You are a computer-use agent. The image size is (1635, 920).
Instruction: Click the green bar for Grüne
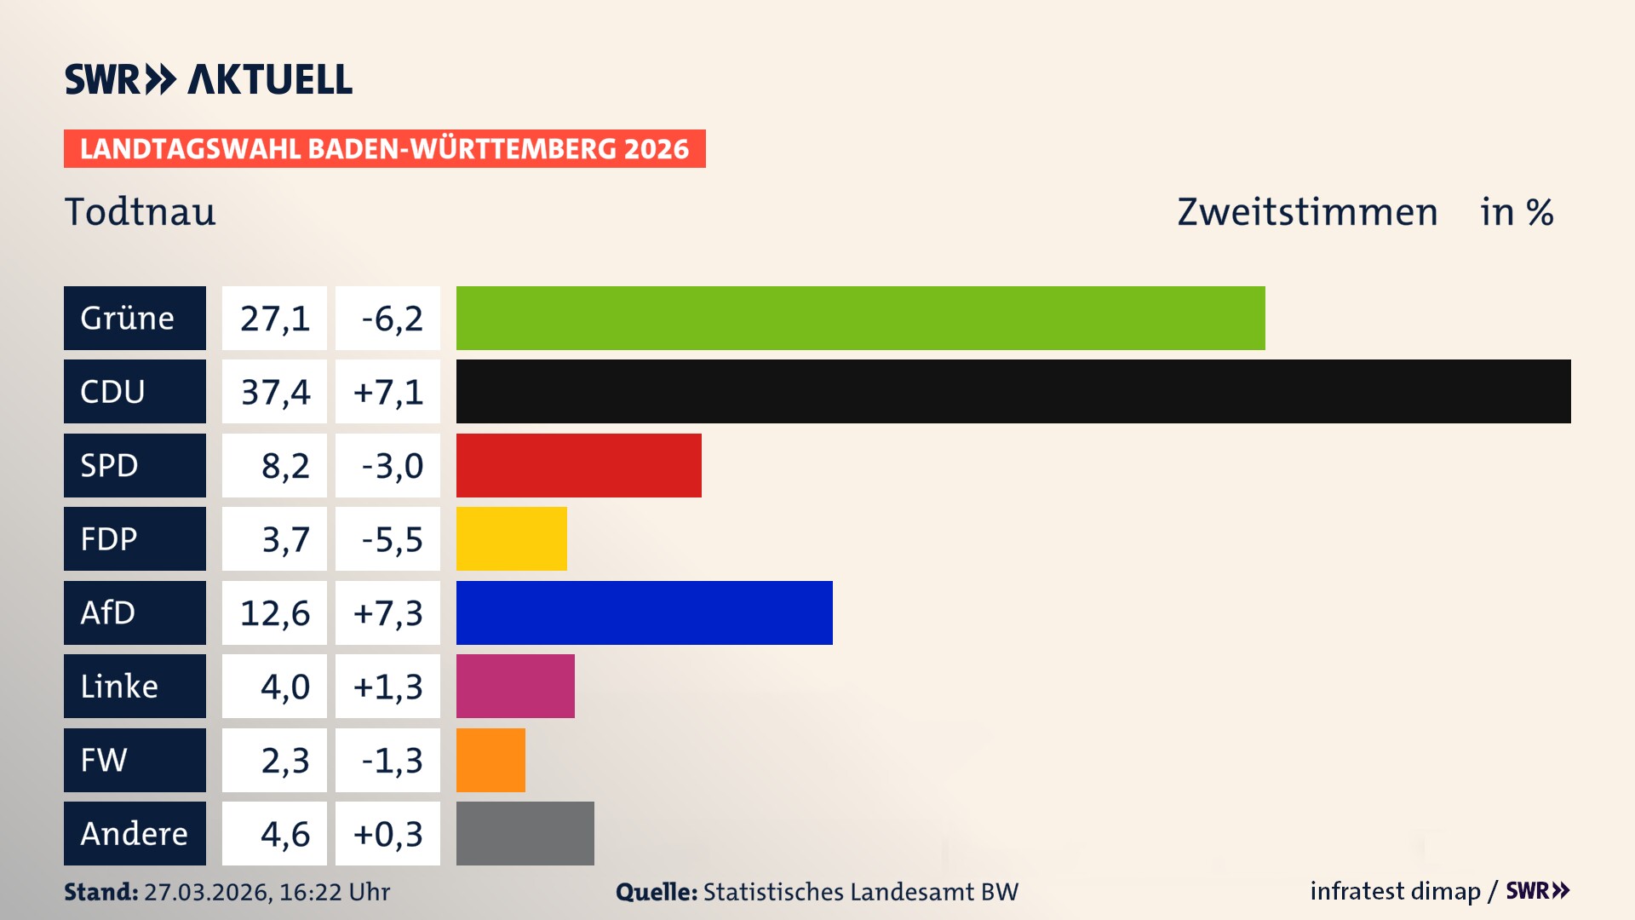coord(860,318)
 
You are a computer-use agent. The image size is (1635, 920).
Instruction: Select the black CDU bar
coord(1013,392)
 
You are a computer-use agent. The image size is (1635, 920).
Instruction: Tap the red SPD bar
coord(579,465)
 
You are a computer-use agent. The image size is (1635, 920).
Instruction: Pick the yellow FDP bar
coord(511,538)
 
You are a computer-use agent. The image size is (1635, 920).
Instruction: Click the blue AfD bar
coord(644,612)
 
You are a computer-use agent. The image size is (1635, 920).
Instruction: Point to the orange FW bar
coord(490,760)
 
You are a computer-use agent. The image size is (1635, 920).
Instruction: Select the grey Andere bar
coord(525,833)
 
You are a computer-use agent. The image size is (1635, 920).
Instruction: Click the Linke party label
coord(135,686)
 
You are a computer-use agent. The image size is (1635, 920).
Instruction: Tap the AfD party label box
coord(135,612)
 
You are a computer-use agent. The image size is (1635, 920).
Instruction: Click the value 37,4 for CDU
coord(274,392)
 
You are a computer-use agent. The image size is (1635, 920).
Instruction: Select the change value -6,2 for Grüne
coord(388,318)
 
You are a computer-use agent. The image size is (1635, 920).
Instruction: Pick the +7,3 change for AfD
coord(388,612)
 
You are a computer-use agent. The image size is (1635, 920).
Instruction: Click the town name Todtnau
coord(141,211)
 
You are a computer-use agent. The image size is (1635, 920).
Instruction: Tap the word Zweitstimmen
coord(1307,211)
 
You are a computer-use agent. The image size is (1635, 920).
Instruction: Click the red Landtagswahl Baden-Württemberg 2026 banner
coord(384,148)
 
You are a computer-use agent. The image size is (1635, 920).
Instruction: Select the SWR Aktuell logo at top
coord(209,79)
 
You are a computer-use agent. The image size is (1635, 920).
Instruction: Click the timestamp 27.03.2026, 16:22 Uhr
coord(267,892)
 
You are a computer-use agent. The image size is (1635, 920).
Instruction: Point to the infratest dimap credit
coord(1395,891)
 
